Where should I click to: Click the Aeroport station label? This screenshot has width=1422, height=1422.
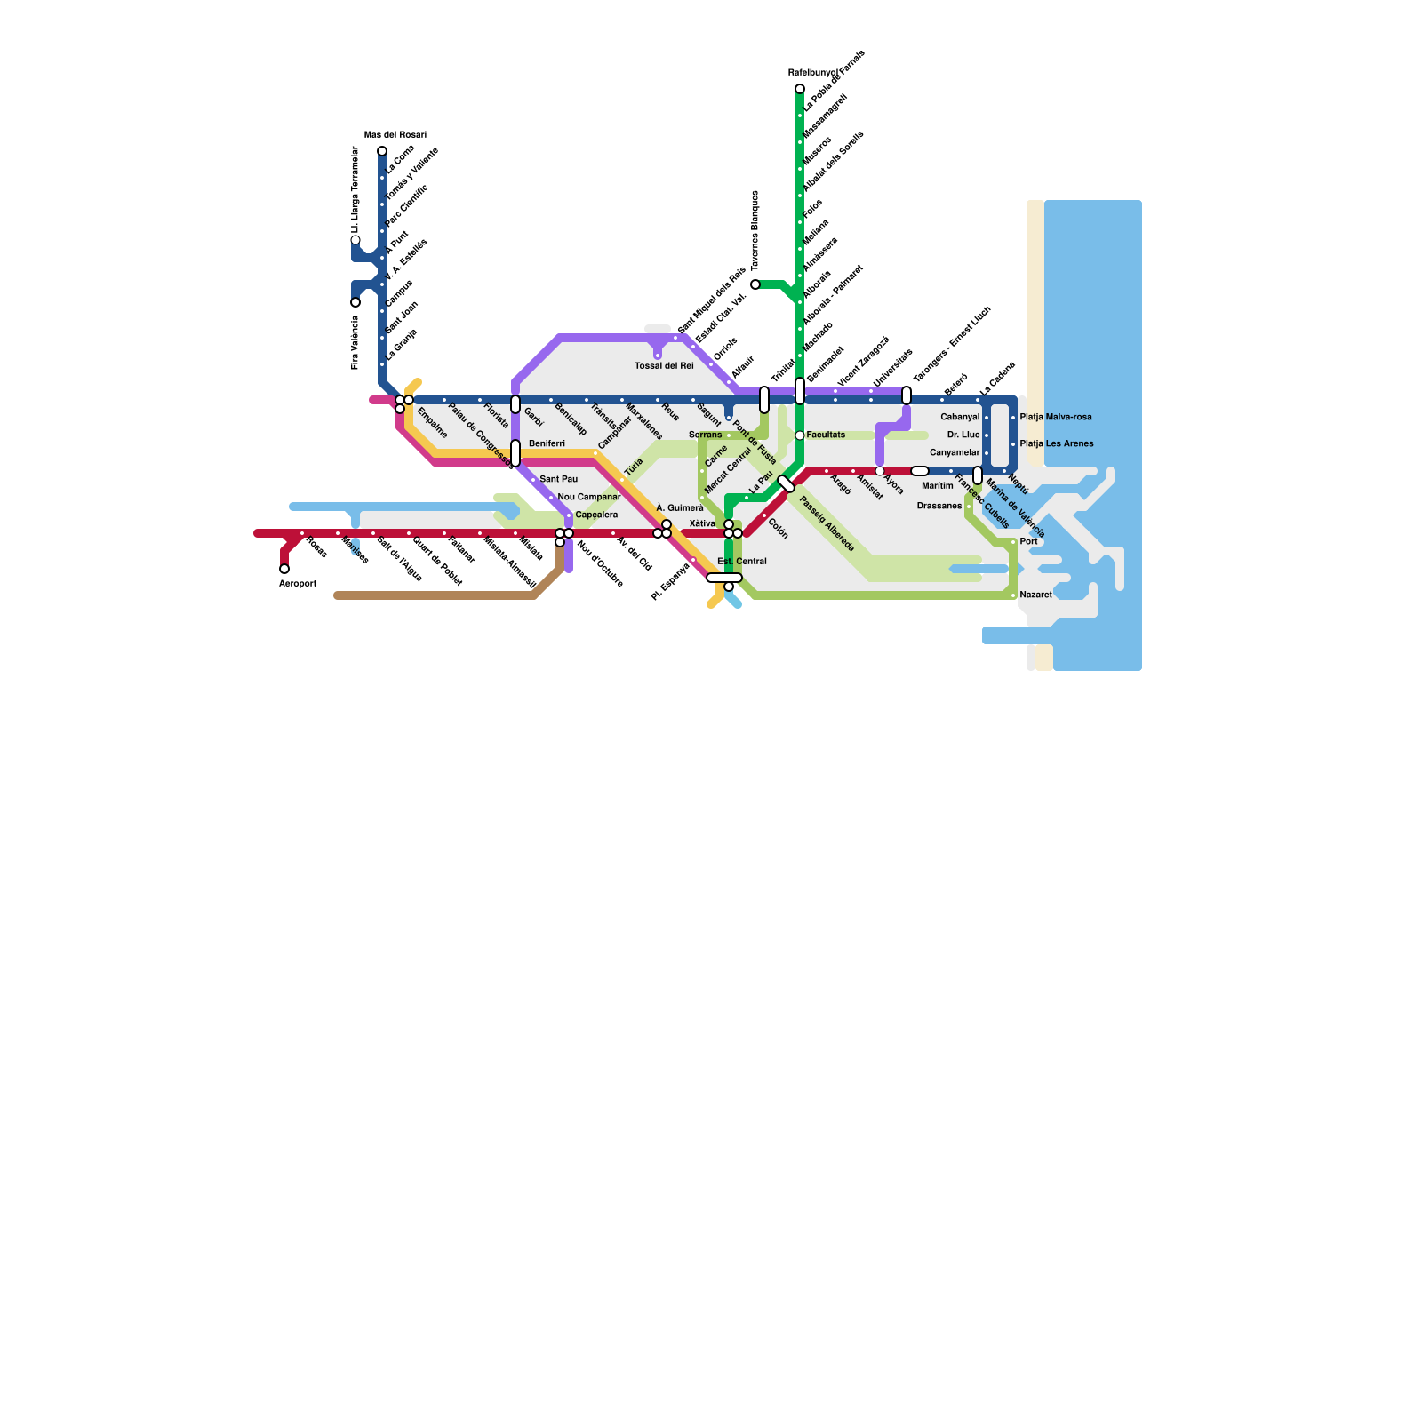click(x=298, y=584)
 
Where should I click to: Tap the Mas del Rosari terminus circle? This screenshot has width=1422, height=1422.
click(x=382, y=151)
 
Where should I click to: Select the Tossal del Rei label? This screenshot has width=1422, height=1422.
click(x=664, y=366)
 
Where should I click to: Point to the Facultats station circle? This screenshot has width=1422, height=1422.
click(x=800, y=435)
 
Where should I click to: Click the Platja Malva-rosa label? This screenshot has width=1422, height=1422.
click(x=1056, y=417)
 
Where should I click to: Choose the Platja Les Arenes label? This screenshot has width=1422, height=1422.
click(x=1057, y=443)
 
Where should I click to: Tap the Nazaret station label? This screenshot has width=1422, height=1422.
click(x=1035, y=595)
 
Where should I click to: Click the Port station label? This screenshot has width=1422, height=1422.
click(x=1028, y=541)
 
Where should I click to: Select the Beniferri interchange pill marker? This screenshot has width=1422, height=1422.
click(x=515, y=453)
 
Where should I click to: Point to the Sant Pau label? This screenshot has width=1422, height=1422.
click(x=558, y=479)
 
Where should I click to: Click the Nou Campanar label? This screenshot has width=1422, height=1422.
click(x=588, y=497)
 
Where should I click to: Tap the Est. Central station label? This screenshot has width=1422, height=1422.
click(x=742, y=562)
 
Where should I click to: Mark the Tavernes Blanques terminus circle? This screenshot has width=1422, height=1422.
click(x=755, y=284)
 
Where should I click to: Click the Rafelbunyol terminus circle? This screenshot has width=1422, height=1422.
click(x=800, y=89)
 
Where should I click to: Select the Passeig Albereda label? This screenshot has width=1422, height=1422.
click(x=827, y=524)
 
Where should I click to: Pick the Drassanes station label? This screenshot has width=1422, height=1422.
click(x=939, y=506)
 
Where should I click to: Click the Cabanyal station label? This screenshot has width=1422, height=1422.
click(x=960, y=417)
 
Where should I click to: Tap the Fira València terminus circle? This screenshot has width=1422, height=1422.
click(x=355, y=302)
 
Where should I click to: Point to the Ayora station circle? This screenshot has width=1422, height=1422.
click(x=880, y=471)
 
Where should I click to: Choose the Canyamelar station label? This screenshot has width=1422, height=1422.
click(x=955, y=452)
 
